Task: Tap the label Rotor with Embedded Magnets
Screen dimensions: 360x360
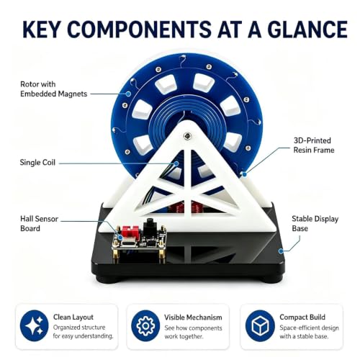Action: [x=53, y=89]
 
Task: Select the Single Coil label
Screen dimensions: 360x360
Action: [x=37, y=163]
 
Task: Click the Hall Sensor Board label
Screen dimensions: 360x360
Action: [x=39, y=223]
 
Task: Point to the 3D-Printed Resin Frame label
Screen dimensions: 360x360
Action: [x=314, y=145]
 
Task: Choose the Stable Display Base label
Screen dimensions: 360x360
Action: [x=315, y=223]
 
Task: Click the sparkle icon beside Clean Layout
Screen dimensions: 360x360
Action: [x=34, y=325]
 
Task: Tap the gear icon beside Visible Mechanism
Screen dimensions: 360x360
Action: [x=145, y=325]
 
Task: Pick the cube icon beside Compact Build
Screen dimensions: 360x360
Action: [x=260, y=325]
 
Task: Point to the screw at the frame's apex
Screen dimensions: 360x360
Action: [x=187, y=136]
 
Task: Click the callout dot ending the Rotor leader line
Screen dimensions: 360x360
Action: [x=129, y=94]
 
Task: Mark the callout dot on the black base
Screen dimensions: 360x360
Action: [x=281, y=251]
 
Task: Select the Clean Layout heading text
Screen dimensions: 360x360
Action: [x=73, y=317]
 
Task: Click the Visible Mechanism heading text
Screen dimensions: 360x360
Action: [x=193, y=318]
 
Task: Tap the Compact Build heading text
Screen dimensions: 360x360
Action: [x=302, y=317]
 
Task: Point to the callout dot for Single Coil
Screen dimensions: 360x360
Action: [x=176, y=163]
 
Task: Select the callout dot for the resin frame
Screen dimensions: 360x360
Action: [x=244, y=174]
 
